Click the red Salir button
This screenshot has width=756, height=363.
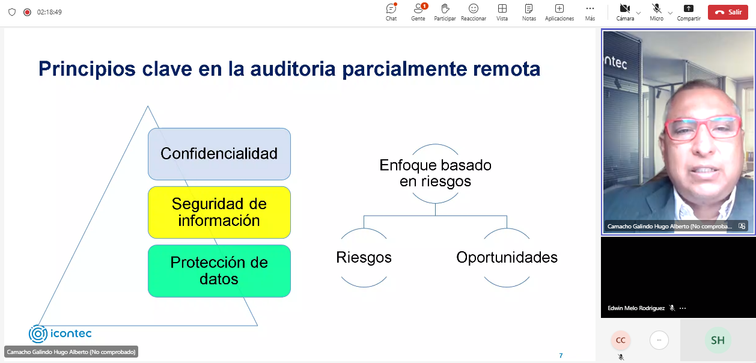(728, 12)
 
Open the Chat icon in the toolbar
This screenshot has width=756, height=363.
(391, 8)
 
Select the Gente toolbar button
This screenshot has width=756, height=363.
(418, 8)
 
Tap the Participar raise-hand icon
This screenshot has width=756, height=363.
(445, 8)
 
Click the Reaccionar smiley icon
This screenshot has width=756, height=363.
(474, 8)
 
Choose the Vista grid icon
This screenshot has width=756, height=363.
(502, 8)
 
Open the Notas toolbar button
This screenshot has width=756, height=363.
(529, 8)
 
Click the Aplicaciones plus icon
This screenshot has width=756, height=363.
(559, 8)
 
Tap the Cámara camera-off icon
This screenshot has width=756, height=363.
(625, 8)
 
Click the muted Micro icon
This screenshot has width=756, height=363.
(656, 8)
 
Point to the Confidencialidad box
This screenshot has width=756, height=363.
(219, 154)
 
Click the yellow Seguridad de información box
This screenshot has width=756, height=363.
(219, 212)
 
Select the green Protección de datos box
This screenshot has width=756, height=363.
(219, 271)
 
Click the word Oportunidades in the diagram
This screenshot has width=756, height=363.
(507, 257)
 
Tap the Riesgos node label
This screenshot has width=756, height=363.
(364, 257)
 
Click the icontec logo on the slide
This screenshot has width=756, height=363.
(60, 334)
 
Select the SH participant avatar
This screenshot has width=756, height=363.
(718, 340)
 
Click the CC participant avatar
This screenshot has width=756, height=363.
(621, 340)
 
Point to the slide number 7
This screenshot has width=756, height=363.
(561, 355)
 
